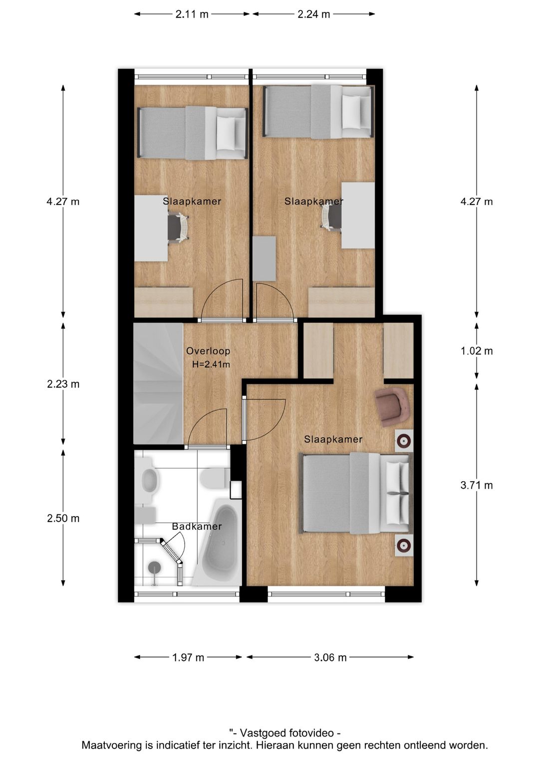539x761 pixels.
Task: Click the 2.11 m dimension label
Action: click(192, 14)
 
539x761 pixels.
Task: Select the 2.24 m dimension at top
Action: click(313, 14)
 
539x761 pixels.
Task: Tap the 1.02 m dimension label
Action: click(476, 351)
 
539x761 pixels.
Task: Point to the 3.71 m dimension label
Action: click(476, 485)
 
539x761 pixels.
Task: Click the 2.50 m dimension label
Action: click(63, 518)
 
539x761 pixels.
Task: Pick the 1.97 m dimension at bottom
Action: click(188, 657)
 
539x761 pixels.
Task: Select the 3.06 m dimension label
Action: click(330, 657)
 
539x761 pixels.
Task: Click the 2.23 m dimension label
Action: click(63, 384)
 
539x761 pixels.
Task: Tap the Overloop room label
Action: click(208, 351)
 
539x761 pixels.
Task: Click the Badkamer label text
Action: click(197, 526)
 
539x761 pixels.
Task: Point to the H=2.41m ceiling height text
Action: click(211, 365)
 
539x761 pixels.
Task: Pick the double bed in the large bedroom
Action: click(356, 493)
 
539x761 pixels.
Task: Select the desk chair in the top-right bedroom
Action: click(331, 217)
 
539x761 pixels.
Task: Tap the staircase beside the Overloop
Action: click(157, 383)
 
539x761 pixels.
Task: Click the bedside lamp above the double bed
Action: click(403, 441)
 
